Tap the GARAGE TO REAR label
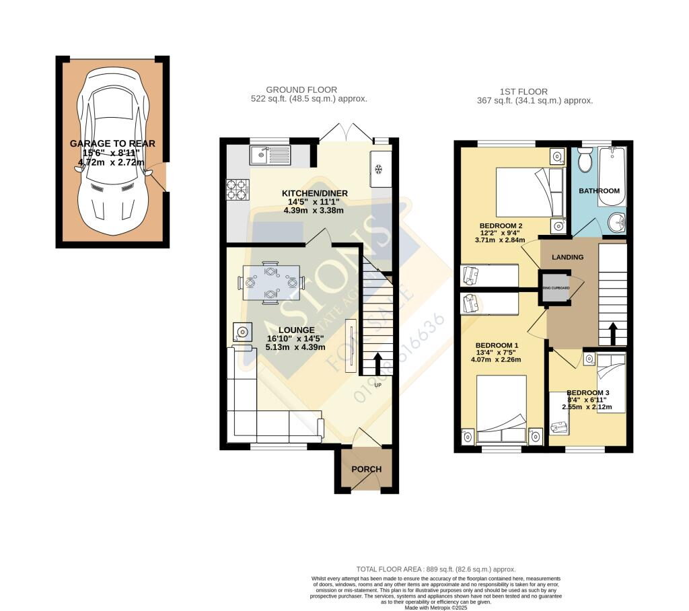click(112, 143)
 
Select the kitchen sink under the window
click(268, 155)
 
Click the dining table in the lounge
click(270, 282)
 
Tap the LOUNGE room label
click(287, 330)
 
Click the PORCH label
click(367, 469)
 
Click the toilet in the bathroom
click(584, 160)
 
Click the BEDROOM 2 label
click(501, 225)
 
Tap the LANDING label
click(567, 257)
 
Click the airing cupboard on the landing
click(556, 287)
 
